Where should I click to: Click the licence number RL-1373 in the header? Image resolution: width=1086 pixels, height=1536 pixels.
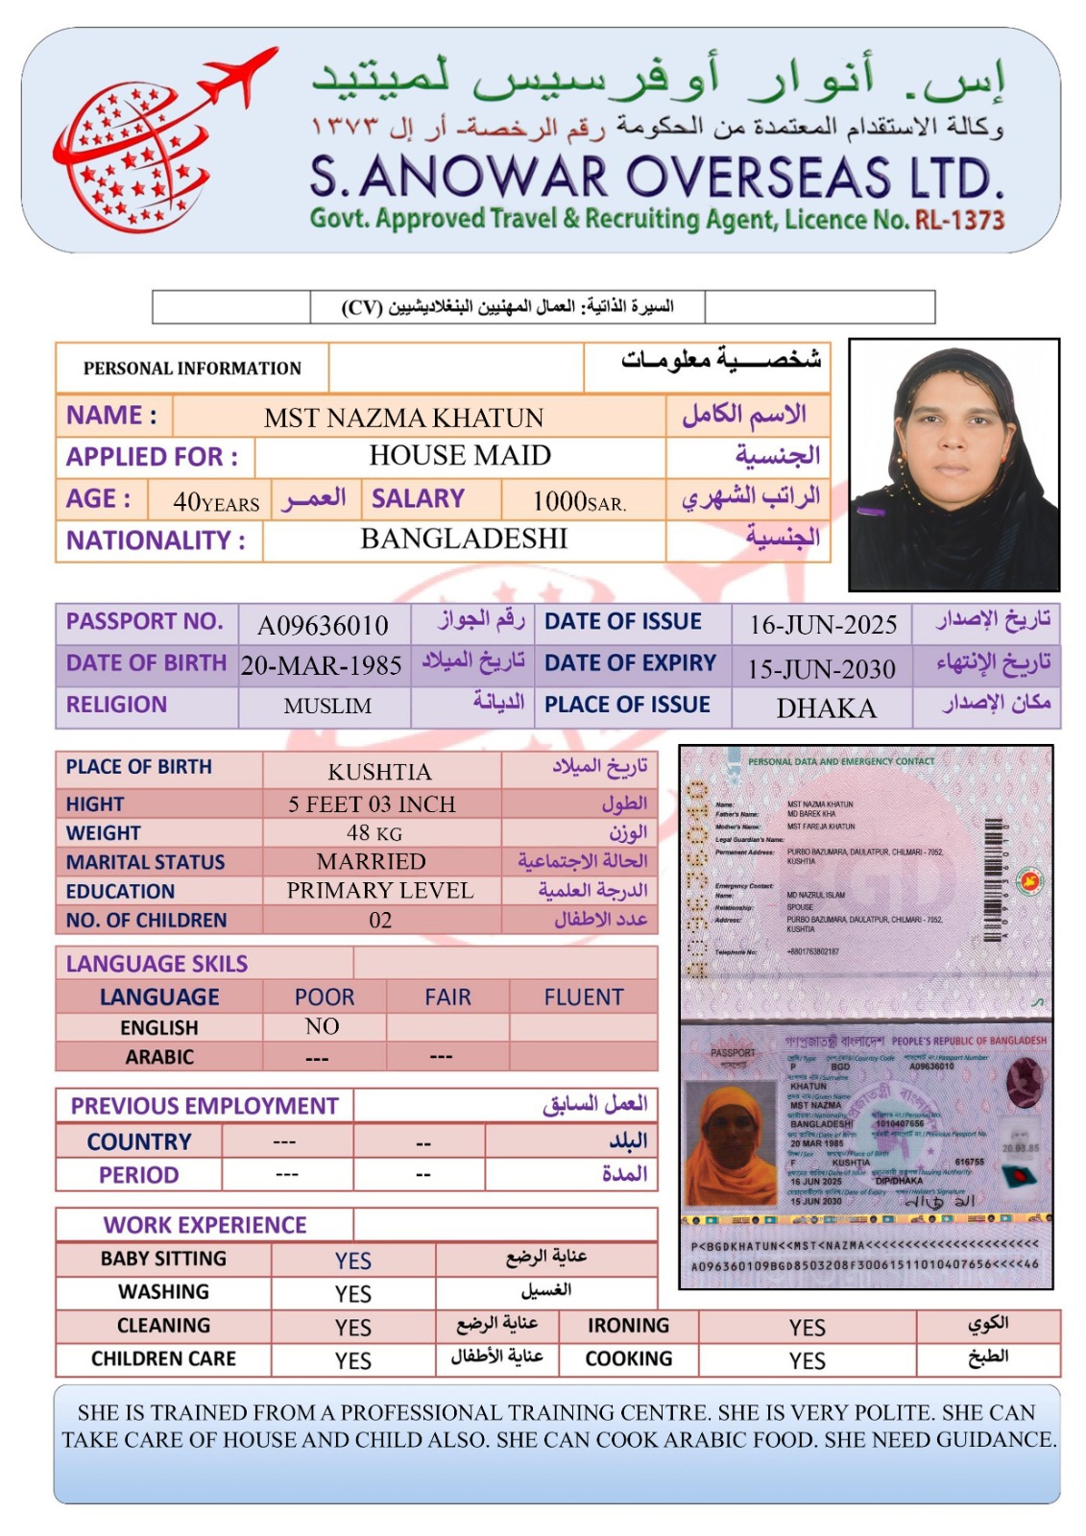click(x=959, y=220)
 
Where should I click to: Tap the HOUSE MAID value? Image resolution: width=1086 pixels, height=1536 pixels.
click(x=460, y=455)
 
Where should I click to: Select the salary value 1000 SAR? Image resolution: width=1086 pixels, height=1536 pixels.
click(x=579, y=501)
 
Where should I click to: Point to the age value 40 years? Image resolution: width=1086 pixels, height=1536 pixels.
click(x=216, y=501)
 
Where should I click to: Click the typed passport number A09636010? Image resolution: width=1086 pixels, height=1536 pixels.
click(x=323, y=626)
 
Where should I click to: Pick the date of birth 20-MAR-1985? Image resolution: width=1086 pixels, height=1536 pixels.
click(x=322, y=665)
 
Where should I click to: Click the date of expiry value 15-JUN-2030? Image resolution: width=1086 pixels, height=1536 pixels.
click(x=822, y=669)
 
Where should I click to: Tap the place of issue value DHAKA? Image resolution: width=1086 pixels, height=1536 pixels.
click(x=826, y=708)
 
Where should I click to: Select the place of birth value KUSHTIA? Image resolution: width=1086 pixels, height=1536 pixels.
click(x=380, y=772)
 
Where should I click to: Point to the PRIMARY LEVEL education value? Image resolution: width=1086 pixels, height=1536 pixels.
click(x=380, y=891)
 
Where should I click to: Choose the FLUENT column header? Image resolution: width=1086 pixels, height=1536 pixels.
click(x=584, y=997)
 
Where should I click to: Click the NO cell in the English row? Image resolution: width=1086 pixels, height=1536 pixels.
click(x=323, y=1026)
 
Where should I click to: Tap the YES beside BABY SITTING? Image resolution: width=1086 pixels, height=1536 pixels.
click(x=353, y=1260)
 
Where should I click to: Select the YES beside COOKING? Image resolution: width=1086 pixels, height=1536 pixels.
click(x=808, y=1360)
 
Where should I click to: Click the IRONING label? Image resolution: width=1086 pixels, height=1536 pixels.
click(x=629, y=1326)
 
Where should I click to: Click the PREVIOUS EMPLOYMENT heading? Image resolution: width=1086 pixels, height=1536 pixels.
click(x=205, y=1106)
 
